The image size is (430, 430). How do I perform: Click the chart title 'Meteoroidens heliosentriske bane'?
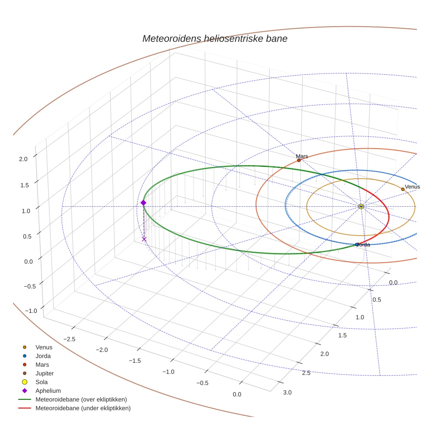tap(215, 39)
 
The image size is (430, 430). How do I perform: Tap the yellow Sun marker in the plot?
tap(361, 206)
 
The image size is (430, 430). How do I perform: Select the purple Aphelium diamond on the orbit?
tap(143, 202)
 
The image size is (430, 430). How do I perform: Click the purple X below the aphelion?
tap(144, 239)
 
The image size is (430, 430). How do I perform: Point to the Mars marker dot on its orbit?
tap(299, 160)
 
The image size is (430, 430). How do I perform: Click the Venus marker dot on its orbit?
tap(403, 189)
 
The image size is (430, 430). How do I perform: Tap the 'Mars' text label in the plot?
tap(302, 156)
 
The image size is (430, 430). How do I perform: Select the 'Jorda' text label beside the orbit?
tap(364, 245)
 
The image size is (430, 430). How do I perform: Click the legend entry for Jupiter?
tap(45, 373)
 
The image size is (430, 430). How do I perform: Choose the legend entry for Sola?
tap(42, 382)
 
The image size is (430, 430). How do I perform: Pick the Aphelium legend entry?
tap(48, 391)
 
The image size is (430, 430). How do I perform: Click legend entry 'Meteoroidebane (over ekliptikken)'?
tap(81, 399)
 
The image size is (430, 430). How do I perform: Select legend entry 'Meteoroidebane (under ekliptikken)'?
tap(83, 408)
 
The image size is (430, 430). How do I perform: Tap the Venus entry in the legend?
tap(44, 347)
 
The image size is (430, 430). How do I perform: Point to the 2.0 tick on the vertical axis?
tap(23, 159)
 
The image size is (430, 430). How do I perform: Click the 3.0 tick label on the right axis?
tap(287, 392)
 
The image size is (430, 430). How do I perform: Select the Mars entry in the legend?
tap(42, 364)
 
